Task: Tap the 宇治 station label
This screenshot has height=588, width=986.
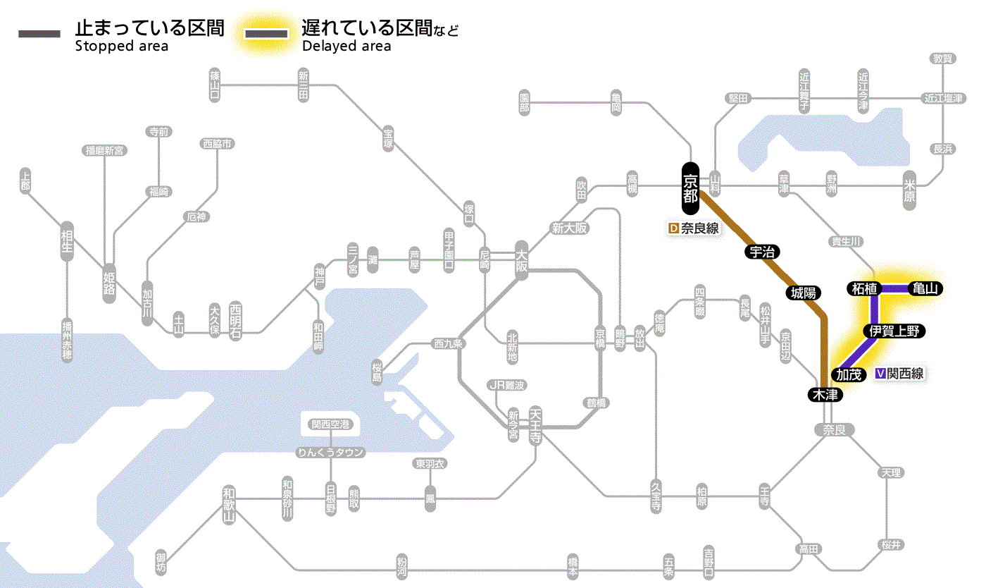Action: [x=763, y=252]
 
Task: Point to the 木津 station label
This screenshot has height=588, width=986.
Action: [x=825, y=395]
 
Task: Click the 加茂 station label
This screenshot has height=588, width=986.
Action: [x=849, y=374]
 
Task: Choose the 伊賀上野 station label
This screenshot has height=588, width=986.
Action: [x=893, y=331]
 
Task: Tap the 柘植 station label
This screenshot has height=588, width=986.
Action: [x=863, y=288]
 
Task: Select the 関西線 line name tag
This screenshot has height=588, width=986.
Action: [x=899, y=374]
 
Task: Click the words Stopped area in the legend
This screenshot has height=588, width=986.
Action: [x=122, y=47]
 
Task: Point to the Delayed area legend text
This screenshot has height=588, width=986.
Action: [x=347, y=47]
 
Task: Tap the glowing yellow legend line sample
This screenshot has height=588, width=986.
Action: [x=266, y=34]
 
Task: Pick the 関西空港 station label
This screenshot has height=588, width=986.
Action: [x=330, y=424]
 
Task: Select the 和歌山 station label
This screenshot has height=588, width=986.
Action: [x=228, y=503]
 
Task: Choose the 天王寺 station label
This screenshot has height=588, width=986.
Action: [x=536, y=424]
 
